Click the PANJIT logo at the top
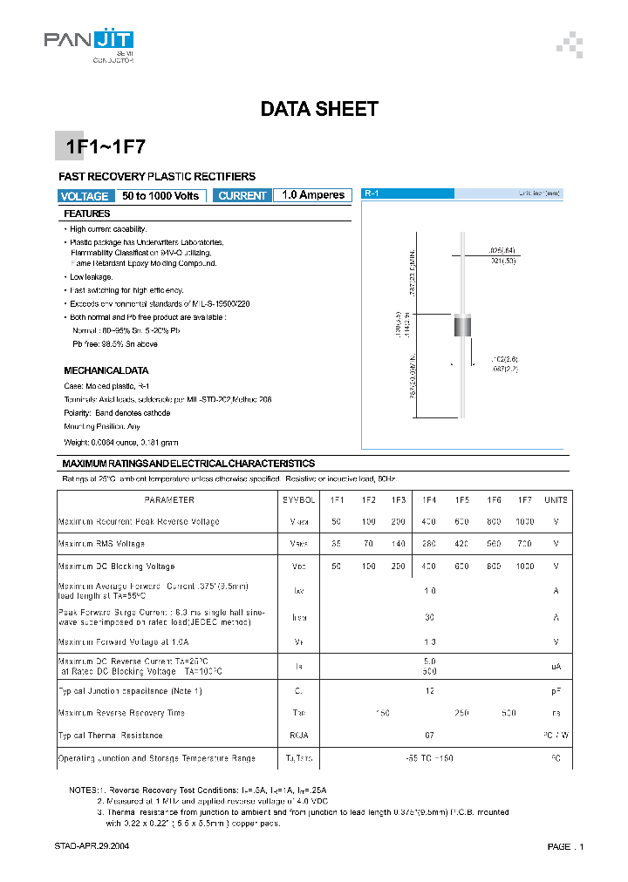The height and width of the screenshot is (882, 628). [x=89, y=41]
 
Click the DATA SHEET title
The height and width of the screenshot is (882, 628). [x=319, y=110]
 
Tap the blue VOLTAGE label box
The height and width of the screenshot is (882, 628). [x=85, y=196]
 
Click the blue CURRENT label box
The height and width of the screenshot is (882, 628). [x=242, y=196]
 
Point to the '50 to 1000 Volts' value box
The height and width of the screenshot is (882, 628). [x=160, y=196]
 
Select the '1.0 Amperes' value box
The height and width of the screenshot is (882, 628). [x=313, y=195]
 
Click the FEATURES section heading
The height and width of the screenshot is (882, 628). [x=87, y=214]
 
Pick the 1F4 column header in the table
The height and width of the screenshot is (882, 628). [x=429, y=500]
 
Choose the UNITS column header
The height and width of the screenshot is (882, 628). [x=556, y=500]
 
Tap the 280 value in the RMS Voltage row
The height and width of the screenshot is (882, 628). [x=429, y=544]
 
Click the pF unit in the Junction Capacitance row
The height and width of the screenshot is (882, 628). [x=556, y=691]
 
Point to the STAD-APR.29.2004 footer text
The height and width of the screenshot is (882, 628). [x=92, y=846]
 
